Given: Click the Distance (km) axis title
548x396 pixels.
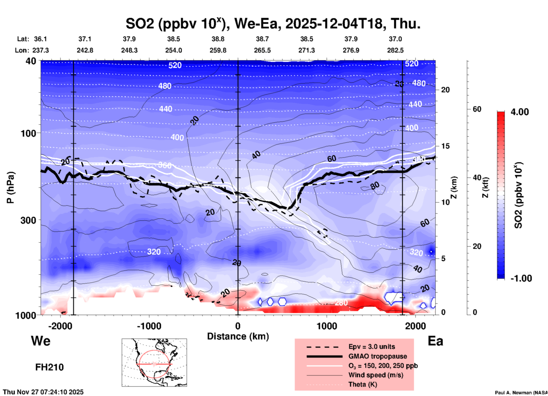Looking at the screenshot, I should point(238,336).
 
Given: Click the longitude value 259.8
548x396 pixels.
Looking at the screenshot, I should point(218,50).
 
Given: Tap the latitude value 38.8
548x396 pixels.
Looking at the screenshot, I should point(218,39).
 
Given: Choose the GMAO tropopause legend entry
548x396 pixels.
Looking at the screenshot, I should point(377,356).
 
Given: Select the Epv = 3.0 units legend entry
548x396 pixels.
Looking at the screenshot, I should point(371,347).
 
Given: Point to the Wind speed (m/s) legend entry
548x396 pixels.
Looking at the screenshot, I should point(376,375).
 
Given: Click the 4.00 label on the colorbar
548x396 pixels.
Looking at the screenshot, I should point(520,112).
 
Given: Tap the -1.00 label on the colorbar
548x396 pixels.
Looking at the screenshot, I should point(521,278).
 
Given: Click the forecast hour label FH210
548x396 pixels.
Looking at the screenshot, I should point(50,367).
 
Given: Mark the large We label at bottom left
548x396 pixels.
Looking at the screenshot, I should point(41,341).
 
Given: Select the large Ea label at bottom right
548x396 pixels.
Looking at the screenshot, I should point(435,341).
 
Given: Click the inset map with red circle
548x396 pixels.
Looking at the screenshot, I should point(154,362).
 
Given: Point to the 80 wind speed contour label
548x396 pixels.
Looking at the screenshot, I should point(375,186).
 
